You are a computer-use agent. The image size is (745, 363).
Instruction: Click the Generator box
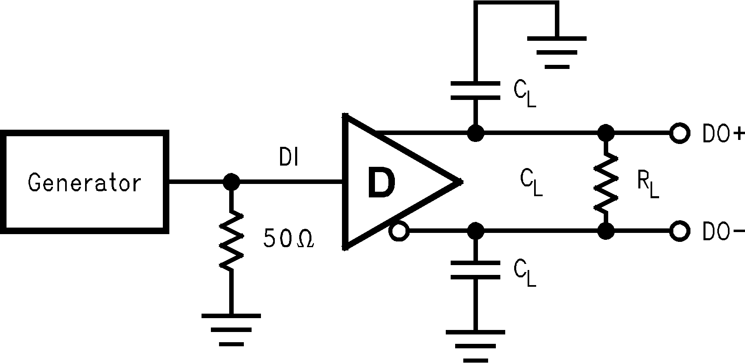tap(84, 182)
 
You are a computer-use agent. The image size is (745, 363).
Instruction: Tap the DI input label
tap(289, 159)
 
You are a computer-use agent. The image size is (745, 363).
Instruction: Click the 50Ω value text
tap(288, 239)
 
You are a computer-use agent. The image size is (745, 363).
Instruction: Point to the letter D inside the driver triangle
tap(381, 183)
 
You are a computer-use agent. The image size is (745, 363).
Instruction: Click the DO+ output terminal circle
tap(679, 133)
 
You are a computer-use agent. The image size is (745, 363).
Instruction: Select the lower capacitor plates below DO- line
tap(475, 270)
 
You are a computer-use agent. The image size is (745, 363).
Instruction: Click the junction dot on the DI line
tap(232, 182)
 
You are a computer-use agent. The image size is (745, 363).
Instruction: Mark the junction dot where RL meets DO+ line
tap(606, 133)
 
